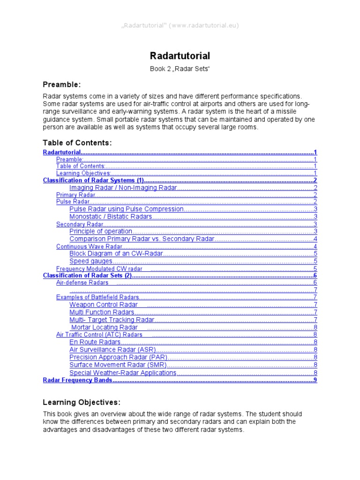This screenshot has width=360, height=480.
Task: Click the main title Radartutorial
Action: (180, 56)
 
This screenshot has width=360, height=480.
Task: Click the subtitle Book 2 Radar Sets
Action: (180, 69)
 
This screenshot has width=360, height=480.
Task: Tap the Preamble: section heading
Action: (62, 84)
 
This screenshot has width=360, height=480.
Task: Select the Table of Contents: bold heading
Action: (77, 142)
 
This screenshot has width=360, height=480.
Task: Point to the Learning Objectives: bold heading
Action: (82, 402)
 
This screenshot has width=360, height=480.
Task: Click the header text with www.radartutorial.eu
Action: (180, 25)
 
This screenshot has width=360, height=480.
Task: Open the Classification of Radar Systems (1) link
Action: (93, 180)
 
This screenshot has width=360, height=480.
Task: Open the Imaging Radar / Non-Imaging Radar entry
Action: (123, 187)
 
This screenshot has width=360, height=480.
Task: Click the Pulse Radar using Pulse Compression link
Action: (126, 209)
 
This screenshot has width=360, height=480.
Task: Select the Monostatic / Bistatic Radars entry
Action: (111, 217)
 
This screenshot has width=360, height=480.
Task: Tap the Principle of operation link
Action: (101, 231)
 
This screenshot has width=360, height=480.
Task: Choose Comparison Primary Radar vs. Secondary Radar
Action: (142, 239)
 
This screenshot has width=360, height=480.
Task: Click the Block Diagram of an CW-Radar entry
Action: (116, 254)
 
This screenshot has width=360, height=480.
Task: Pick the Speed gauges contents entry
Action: (91, 261)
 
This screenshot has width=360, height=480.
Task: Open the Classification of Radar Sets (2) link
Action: (86, 276)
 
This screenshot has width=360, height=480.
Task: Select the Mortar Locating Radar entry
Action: (104, 327)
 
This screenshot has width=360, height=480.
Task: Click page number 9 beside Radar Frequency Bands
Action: (315, 380)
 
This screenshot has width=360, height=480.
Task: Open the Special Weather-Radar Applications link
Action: (123, 373)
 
